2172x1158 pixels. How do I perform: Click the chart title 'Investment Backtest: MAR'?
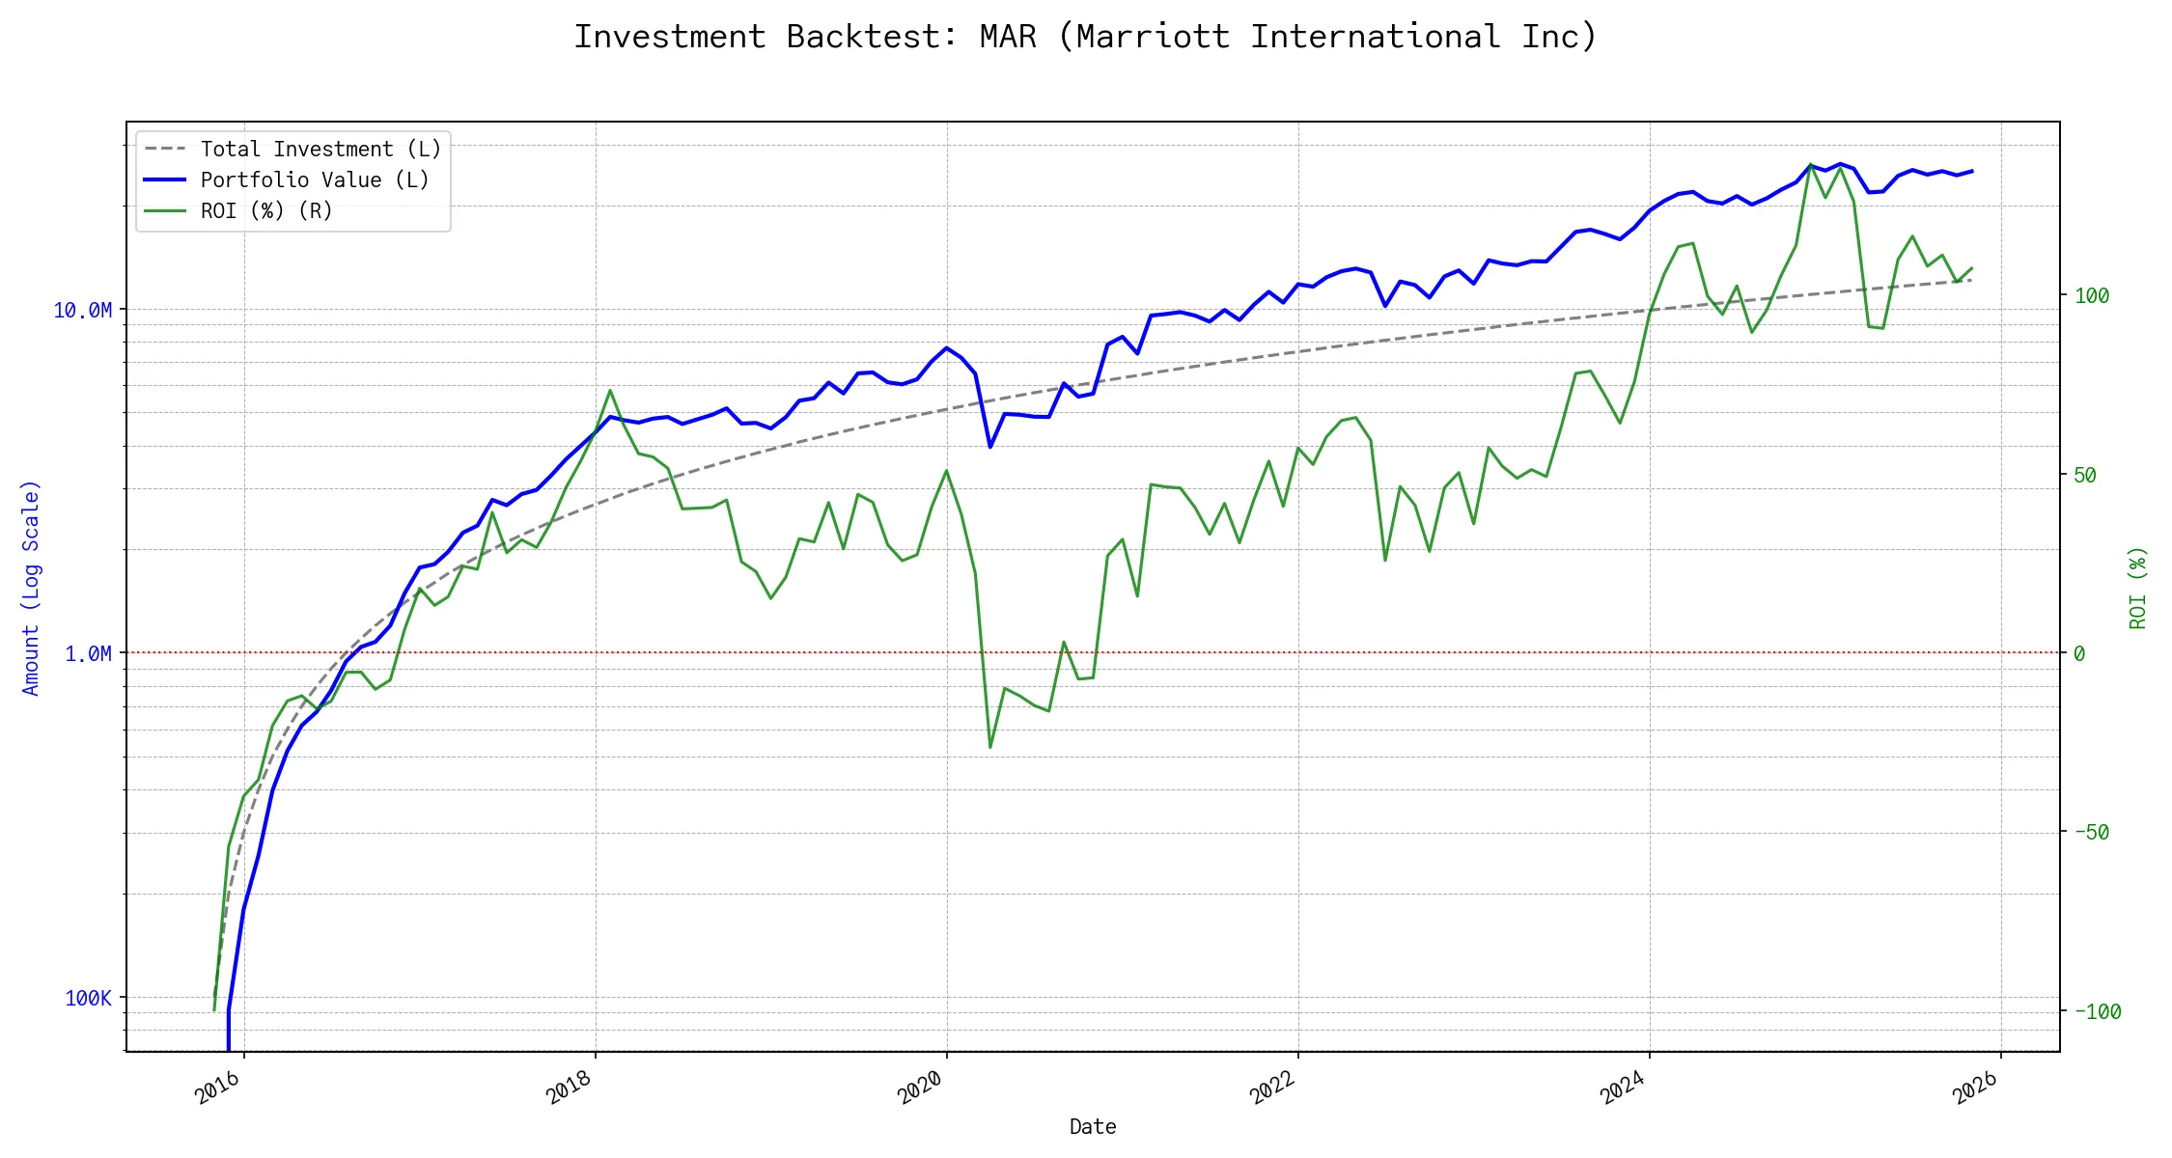click(x=1085, y=37)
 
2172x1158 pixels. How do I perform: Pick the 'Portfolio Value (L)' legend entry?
click(x=315, y=180)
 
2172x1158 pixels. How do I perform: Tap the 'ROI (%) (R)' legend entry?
click(x=266, y=211)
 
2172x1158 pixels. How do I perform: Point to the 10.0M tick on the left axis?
click(x=83, y=310)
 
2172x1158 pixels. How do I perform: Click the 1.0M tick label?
click(x=88, y=654)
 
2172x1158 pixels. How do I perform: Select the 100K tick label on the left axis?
click(x=88, y=998)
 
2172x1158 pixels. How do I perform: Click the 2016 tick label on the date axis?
click(x=217, y=1089)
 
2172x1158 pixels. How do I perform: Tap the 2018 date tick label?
click(x=569, y=1089)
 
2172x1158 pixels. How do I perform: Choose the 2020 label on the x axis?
click(x=920, y=1089)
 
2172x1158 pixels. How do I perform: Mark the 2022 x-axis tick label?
click(x=1271, y=1089)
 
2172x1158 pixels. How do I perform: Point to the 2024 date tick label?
click(x=1623, y=1089)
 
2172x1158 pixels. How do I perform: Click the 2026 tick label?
click(x=1974, y=1089)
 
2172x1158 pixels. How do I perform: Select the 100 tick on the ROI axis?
click(x=2093, y=296)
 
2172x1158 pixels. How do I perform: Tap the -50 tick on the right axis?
click(x=2093, y=833)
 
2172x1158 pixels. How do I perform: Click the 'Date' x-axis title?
click(x=1093, y=1127)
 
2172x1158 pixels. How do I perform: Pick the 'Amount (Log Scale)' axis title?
click(x=31, y=588)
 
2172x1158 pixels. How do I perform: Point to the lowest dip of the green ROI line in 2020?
click(x=990, y=747)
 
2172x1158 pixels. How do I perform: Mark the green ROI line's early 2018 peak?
click(x=610, y=391)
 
